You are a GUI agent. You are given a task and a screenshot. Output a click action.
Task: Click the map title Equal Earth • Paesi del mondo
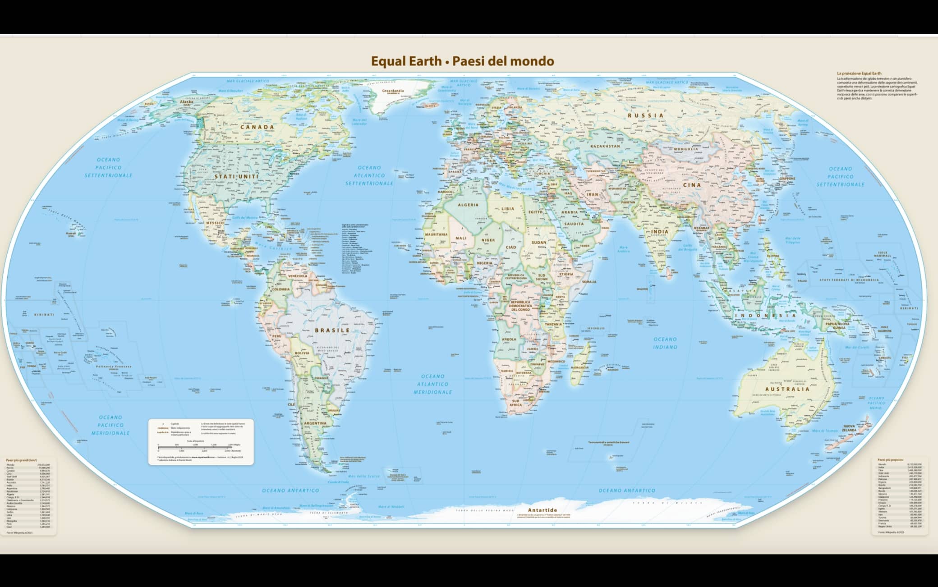tap(462, 61)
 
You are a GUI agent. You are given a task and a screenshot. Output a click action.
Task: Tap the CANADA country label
tap(257, 127)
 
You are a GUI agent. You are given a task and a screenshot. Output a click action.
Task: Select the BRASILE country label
tap(332, 330)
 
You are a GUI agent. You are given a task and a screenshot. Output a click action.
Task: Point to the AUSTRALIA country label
tap(787, 389)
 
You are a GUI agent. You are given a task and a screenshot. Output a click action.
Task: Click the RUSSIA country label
tap(646, 115)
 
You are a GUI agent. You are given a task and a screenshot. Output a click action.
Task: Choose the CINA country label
tap(692, 185)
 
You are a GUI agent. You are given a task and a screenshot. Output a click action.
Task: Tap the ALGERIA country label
tap(468, 205)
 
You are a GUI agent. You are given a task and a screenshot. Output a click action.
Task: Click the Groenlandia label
tap(393, 91)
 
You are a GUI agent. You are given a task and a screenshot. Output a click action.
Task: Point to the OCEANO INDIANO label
tap(665, 343)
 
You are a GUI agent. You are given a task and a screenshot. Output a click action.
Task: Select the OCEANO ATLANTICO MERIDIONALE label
tap(432, 384)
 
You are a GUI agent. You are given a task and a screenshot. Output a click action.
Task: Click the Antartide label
tap(543, 510)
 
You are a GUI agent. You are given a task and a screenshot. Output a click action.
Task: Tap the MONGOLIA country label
tap(686, 149)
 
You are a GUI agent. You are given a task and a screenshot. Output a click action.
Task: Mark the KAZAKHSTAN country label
tap(605, 146)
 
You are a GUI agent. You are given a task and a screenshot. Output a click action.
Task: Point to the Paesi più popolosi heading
tap(890, 460)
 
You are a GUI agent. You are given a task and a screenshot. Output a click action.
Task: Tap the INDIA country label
tap(660, 232)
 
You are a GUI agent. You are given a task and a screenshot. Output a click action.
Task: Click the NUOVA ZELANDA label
tap(849, 428)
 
